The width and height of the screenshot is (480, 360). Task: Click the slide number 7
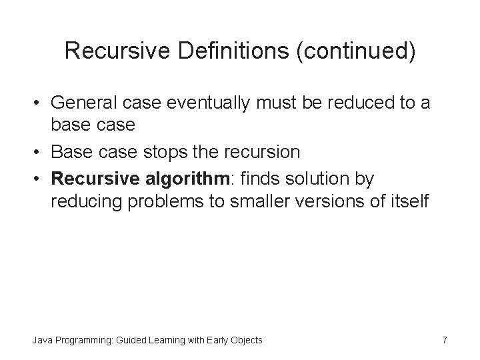pos(444,340)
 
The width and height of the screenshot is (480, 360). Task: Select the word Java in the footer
pos(41,341)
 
